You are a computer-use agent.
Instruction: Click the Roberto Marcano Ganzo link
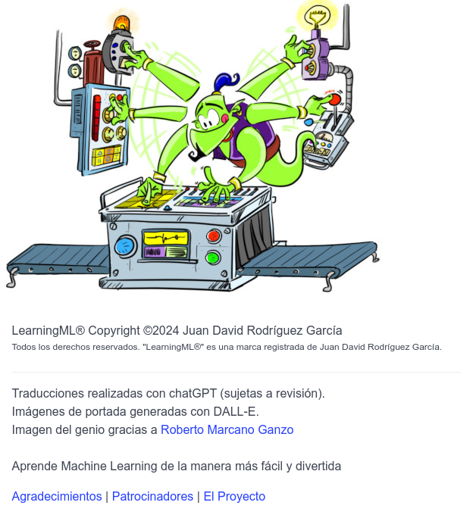227,430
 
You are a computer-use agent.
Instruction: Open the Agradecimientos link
57,497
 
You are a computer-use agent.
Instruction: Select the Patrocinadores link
152,497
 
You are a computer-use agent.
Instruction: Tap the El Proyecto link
234,497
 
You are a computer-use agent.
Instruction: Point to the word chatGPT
195,394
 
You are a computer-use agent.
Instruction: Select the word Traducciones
47,394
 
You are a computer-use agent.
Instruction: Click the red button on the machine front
214,236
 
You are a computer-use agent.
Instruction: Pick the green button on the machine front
213,257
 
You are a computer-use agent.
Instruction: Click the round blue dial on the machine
126,246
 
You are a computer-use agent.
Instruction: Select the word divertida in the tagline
317,467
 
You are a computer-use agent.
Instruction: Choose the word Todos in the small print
25,348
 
